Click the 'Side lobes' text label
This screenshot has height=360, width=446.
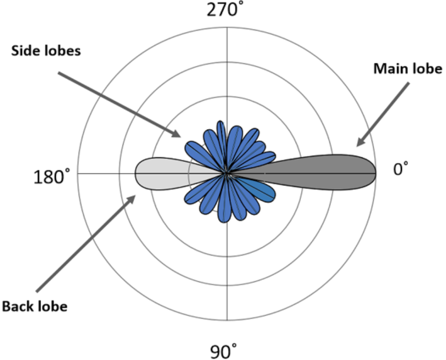[46, 51]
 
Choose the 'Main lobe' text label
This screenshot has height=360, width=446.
[408, 69]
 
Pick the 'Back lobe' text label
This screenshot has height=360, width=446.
[35, 307]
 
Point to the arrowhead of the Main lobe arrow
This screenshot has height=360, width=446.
[359, 144]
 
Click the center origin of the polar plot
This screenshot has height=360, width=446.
[227, 174]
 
